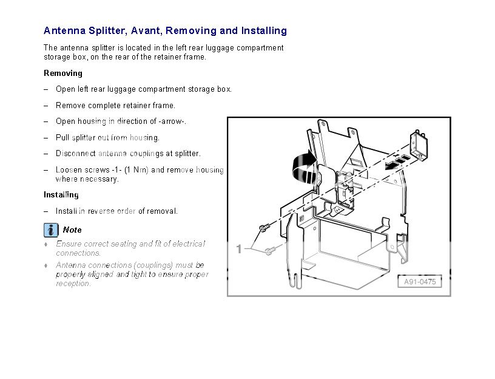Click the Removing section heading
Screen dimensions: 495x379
[x=63, y=73]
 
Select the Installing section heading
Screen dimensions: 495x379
[x=61, y=195]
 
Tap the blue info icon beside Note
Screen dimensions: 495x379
[x=51, y=230]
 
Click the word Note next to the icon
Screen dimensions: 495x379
[x=72, y=230]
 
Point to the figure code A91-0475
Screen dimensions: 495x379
[x=420, y=282]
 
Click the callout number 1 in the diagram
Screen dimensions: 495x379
[x=239, y=249]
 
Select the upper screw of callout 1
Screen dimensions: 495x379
[x=264, y=227]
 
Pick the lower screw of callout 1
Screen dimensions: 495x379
[x=270, y=251]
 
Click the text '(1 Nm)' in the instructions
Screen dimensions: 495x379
[x=136, y=170]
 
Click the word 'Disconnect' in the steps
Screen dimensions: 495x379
[x=76, y=154]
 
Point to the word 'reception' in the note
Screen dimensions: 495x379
[x=73, y=284]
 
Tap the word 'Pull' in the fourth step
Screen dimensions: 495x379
[x=62, y=137]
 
